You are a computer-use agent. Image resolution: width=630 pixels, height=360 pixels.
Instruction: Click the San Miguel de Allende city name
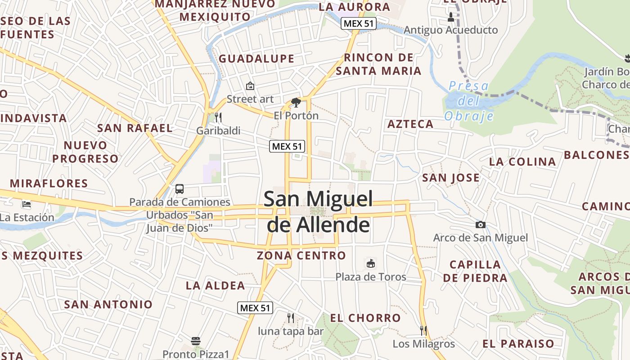coord(318,211)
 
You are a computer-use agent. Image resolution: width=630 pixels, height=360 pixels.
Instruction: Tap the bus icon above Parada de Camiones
coord(180,189)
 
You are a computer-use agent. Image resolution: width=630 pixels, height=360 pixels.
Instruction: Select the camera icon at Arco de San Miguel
coord(481,225)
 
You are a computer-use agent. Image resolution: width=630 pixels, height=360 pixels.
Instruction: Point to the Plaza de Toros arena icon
coord(371,263)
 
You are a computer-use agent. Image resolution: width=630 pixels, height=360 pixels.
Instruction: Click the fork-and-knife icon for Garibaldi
coord(218,117)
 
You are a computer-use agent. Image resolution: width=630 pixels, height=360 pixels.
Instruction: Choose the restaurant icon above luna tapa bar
coord(291,318)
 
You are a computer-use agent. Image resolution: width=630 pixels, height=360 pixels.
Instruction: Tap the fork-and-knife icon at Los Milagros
coord(423,331)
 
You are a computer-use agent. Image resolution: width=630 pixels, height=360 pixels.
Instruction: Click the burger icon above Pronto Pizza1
coord(196,341)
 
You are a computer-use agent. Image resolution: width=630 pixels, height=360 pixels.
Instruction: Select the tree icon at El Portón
coord(296,103)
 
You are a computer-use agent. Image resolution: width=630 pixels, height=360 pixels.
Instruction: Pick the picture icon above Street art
coord(250,85)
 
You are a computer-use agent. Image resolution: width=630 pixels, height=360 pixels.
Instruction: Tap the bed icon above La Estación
coord(27,204)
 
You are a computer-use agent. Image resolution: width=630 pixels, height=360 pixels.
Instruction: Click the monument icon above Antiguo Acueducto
coord(451,17)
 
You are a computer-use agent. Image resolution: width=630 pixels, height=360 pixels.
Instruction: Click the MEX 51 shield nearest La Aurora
coord(358,23)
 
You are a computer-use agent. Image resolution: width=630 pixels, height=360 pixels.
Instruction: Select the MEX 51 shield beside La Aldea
coord(255,308)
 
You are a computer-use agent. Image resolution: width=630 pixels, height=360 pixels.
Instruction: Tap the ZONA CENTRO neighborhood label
coord(301,256)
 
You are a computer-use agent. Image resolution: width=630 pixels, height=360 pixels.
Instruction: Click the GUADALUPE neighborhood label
coord(256,58)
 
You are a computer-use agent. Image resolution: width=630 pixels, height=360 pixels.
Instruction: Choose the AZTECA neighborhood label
coord(410,124)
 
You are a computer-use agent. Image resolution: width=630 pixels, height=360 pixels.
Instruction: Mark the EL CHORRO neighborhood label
coord(365,318)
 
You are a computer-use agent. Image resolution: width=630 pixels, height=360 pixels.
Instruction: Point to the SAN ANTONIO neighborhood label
coord(108,304)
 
